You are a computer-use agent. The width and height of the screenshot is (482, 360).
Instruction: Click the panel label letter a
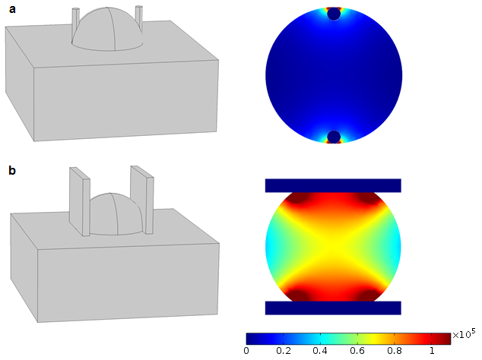coord(12,10)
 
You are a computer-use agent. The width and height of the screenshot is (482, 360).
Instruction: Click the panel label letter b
coord(12,170)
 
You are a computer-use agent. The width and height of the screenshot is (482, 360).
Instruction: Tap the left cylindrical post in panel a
coord(75,23)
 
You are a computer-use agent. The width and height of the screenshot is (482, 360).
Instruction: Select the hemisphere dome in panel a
coord(108,29)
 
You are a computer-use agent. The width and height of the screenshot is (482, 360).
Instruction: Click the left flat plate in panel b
coord(79,201)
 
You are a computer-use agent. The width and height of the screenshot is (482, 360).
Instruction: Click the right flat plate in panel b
coord(142,200)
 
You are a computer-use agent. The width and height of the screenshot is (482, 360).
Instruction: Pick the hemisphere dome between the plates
coord(116,214)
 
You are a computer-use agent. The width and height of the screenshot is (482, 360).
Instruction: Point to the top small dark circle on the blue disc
coord(334,14)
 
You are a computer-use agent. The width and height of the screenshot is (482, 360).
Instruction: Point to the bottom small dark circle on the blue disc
coord(334,137)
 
